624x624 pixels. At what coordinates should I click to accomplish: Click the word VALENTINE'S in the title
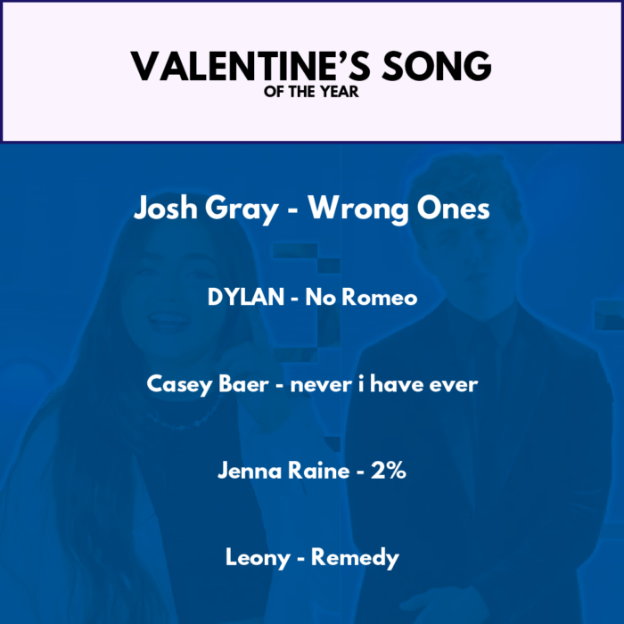250,66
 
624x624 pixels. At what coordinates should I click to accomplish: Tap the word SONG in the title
437,66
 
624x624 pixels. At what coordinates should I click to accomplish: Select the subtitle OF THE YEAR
311,92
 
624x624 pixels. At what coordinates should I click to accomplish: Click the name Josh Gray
206,209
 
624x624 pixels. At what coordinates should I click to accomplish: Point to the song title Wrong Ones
398,208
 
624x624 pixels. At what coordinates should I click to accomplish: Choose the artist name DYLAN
246,297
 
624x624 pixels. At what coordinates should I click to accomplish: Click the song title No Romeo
361,297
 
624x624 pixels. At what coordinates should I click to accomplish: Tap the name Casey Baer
208,385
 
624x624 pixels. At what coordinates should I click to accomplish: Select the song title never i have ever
384,384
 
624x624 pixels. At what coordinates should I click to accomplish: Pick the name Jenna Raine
283,471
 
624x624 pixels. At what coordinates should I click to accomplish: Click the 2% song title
389,471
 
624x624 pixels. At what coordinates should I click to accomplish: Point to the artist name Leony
258,558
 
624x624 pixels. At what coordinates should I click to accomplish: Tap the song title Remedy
355,558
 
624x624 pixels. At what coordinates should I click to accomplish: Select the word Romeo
380,297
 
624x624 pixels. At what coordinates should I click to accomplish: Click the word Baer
243,384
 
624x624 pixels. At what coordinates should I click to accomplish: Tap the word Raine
319,471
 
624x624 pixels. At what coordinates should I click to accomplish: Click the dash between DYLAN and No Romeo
294,299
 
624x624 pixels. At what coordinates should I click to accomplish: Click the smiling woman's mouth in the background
169,319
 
